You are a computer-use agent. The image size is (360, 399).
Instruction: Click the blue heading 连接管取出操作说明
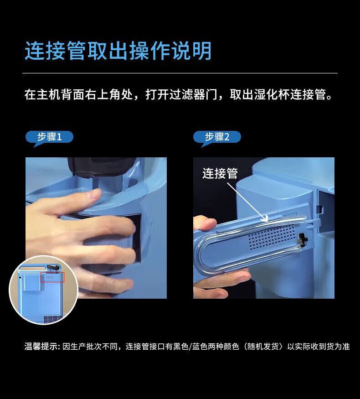pos(118,51)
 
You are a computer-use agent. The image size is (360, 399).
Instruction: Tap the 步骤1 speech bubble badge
pos(49,137)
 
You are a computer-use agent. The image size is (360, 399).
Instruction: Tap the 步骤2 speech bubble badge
pos(217,137)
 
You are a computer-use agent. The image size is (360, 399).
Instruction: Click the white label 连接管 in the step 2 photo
pos(220,174)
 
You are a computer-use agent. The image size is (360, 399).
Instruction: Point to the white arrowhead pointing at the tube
pos(265,218)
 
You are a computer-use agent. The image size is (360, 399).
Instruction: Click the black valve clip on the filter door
pos(302,240)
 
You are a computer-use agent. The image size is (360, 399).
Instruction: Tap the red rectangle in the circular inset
pos(52,277)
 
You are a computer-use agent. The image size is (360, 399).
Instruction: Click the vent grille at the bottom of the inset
pos(52,319)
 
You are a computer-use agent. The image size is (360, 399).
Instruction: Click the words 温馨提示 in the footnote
pos(40,347)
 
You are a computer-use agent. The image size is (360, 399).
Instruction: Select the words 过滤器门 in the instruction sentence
pos(193,95)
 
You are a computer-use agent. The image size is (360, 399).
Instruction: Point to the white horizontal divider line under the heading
pos(180,73)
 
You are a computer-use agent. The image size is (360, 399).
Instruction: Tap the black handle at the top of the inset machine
pos(53,267)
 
